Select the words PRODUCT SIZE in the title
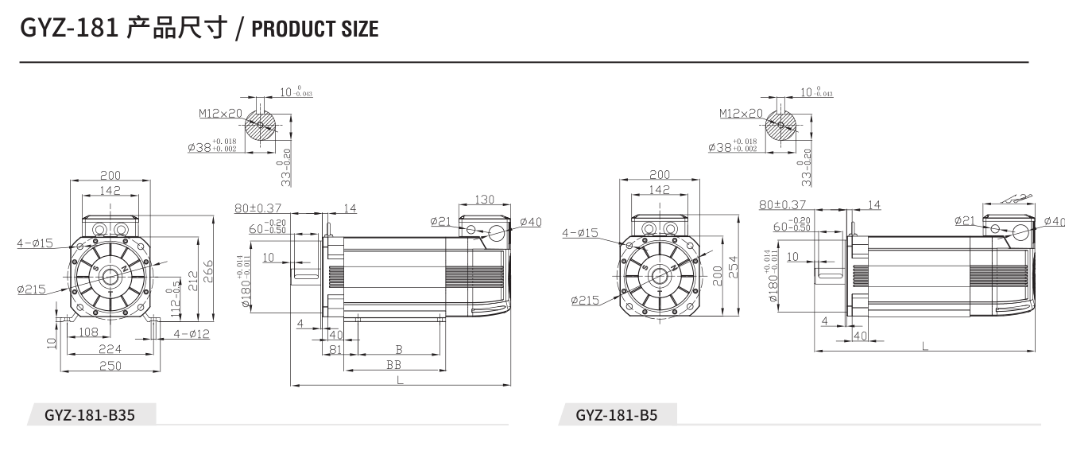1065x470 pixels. point(315,29)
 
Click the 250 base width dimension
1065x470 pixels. point(110,365)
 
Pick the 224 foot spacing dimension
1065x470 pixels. point(110,348)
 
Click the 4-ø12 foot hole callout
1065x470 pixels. point(191,334)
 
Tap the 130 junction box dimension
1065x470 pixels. point(485,200)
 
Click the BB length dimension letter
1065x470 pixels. point(393,364)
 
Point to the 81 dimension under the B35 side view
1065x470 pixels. point(335,348)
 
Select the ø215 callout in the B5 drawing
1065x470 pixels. point(585,301)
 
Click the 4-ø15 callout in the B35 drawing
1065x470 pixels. point(35,243)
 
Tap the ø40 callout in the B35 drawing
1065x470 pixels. point(530,222)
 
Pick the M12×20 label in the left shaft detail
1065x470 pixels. point(220,114)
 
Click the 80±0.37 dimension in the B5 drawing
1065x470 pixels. point(782,205)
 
